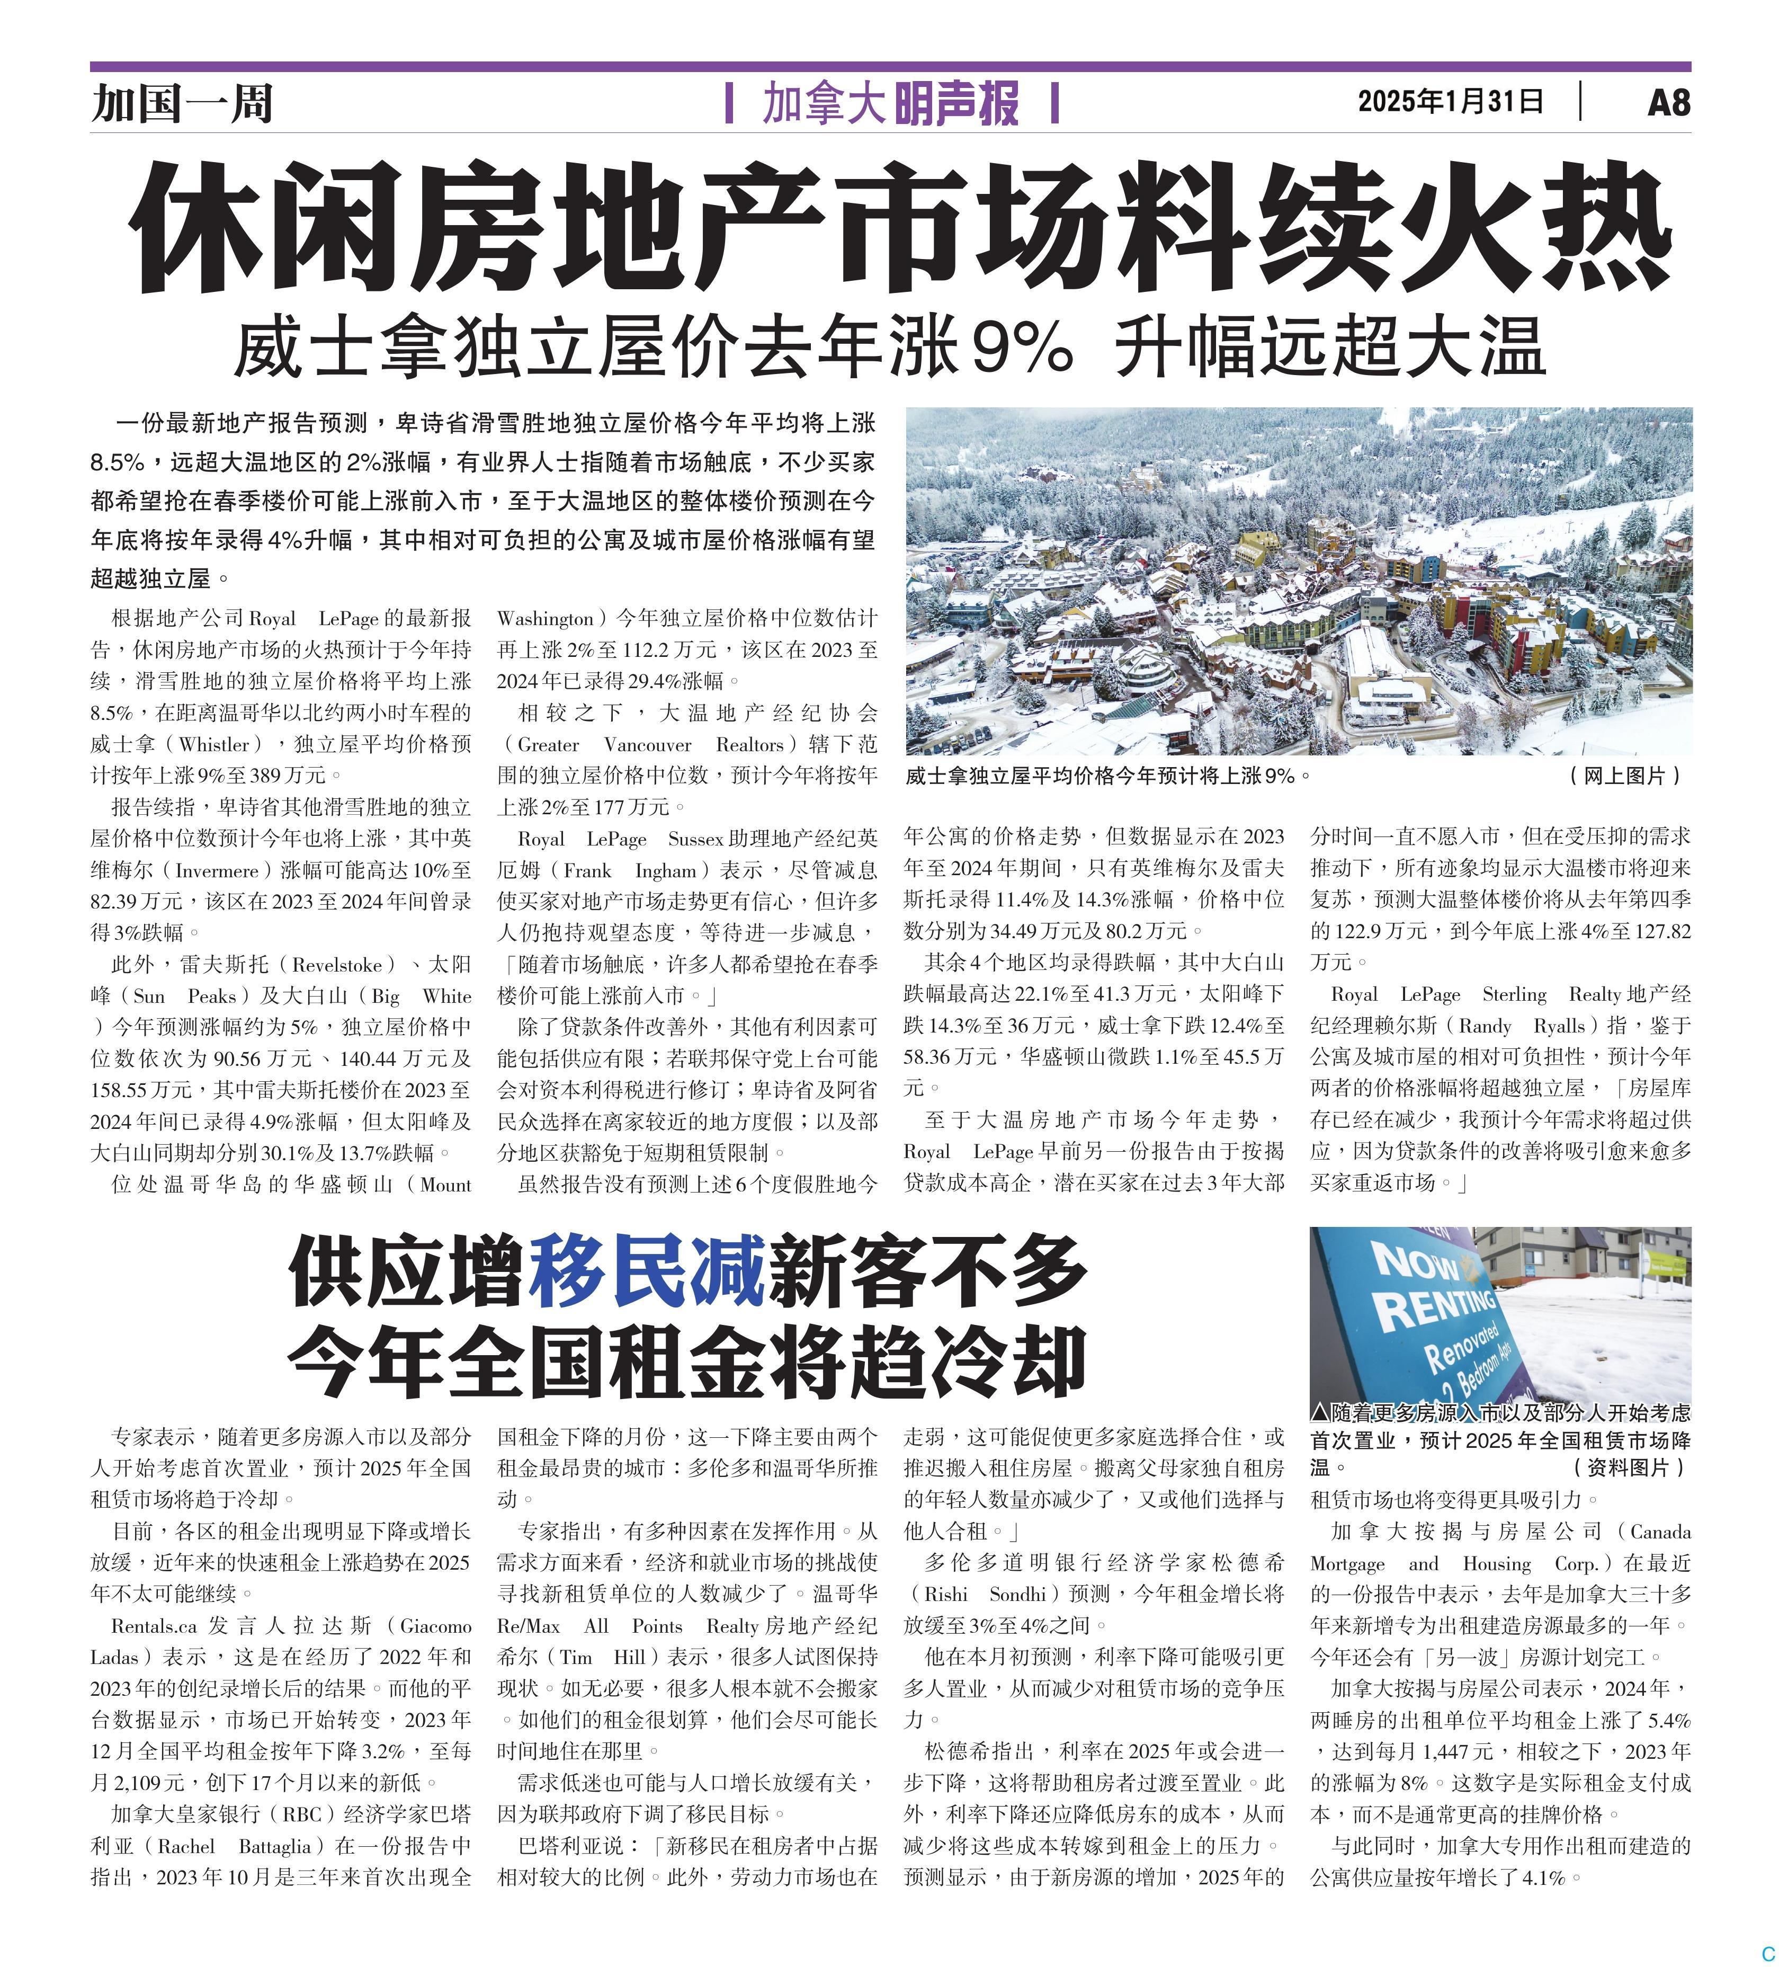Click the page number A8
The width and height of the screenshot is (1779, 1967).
click(1668, 102)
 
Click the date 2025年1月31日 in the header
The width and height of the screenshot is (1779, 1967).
click(1450, 102)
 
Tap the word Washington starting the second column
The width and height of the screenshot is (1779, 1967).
click(545, 619)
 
